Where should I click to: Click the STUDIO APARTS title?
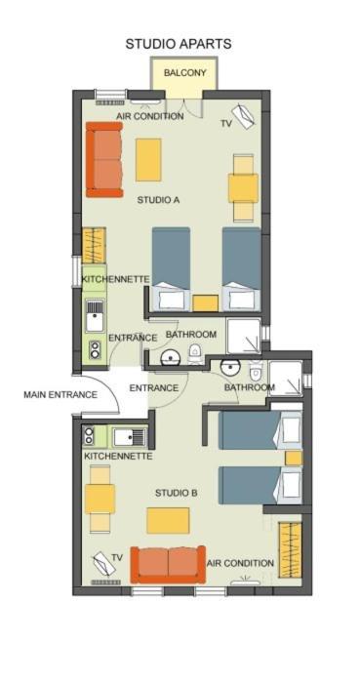[x=178, y=44]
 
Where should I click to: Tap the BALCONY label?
[x=184, y=73]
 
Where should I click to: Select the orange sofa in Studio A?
[x=104, y=159]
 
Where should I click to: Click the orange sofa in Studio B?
[x=168, y=564]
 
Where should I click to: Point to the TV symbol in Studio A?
[x=243, y=116]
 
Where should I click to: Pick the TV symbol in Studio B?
[x=103, y=564]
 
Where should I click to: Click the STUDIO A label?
[x=158, y=200]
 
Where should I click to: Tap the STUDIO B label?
[x=177, y=493]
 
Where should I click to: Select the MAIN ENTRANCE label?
[x=60, y=395]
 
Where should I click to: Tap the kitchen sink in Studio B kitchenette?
[x=130, y=436]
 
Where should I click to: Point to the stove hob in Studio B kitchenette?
[x=89, y=435]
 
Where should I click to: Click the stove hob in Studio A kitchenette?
[x=95, y=349]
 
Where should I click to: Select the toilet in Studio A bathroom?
[x=194, y=353]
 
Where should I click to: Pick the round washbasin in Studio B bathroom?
[x=229, y=368]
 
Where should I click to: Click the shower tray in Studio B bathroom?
[x=285, y=379]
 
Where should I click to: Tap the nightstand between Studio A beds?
[x=206, y=303]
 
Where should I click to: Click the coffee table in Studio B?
[x=168, y=520]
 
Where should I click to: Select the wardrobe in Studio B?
[x=290, y=549]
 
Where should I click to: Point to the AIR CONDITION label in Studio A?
[x=149, y=116]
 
